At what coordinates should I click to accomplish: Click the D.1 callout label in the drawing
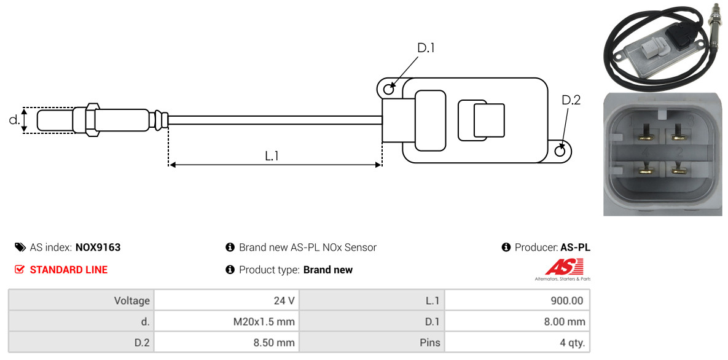click(x=426, y=48)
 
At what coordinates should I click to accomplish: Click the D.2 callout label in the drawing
click(x=571, y=100)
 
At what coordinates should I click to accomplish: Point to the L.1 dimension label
click(x=272, y=156)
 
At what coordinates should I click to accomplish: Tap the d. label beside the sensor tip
click(x=15, y=120)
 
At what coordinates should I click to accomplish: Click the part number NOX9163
click(x=98, y=248)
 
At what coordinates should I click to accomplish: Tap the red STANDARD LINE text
click(x=69, y=270)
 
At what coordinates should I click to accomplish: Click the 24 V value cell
click(x=226, y=300)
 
